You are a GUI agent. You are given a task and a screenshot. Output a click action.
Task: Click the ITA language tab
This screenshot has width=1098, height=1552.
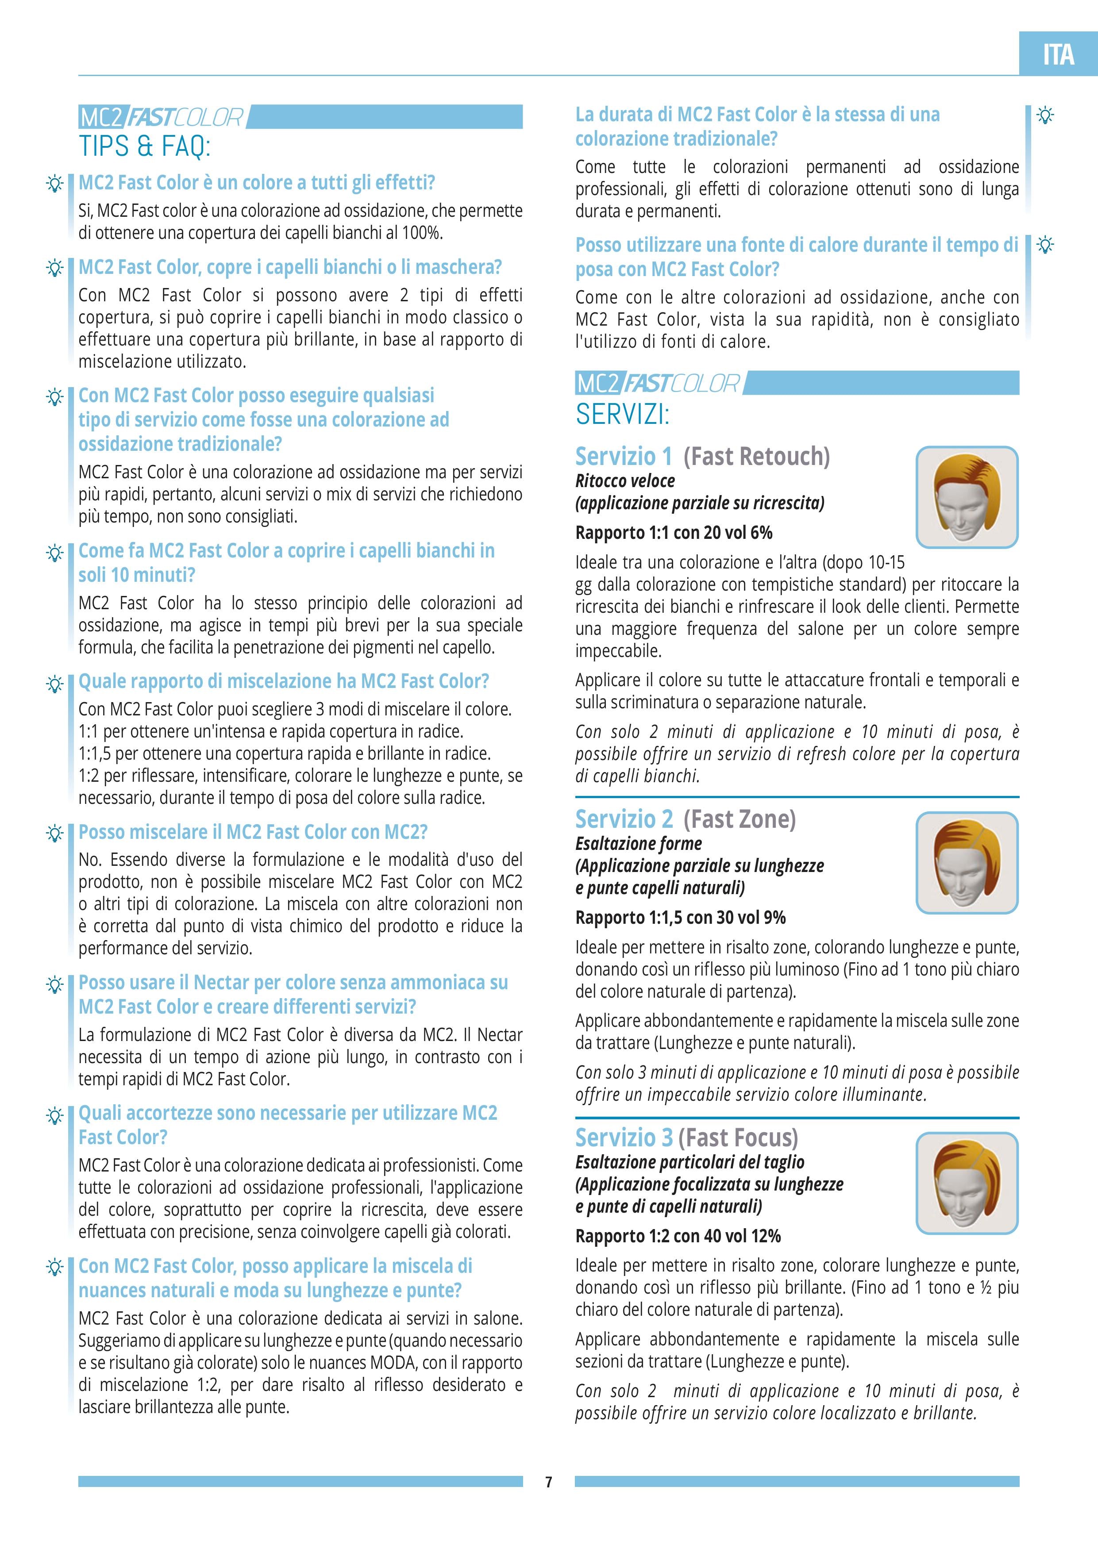[1058, 54]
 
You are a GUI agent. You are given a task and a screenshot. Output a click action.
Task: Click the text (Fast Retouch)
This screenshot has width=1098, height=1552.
[756, 456]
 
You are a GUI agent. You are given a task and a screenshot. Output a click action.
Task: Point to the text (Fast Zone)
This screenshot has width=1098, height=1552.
[740, 818]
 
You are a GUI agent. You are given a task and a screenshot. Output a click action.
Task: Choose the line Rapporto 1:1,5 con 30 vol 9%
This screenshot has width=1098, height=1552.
[680, 917]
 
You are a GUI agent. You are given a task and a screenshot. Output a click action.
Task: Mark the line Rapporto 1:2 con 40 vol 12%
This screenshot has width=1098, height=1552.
[678, 1236]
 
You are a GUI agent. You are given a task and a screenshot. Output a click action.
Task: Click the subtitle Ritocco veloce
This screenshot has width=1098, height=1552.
[625, 481]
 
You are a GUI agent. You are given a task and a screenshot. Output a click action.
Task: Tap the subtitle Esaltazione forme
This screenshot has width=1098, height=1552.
[638, 844]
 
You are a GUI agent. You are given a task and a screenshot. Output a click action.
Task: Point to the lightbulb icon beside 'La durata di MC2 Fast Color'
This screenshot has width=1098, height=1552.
[1045, 115]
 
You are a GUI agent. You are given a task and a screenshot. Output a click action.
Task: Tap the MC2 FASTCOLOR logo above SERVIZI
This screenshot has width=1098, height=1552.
[657, 383]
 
